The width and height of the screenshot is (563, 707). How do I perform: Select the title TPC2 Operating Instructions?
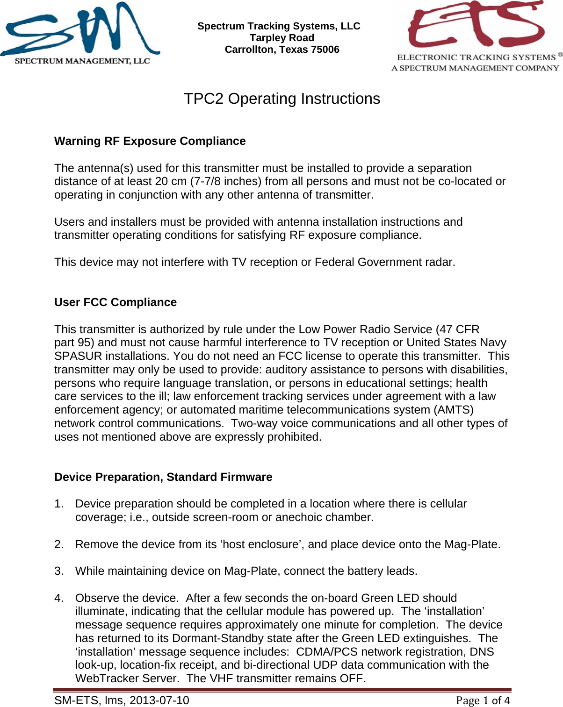pyautogui.click(x=281, y=99)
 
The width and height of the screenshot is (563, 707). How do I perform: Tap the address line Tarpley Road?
pyautogui.click(x=281, y=38)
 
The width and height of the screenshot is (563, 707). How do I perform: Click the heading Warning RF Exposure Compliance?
pyautogui.click(x=150, y=141)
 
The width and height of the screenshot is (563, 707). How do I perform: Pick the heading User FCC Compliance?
pyautogui.click(x=115, y=302)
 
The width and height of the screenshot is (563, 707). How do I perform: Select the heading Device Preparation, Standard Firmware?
pyautogui.click(x=163, y=477)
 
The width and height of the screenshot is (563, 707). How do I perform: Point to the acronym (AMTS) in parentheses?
pyautogui.click(x=454, y=410)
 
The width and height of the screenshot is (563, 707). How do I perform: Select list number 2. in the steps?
pyautogui.click(x=59, y=544)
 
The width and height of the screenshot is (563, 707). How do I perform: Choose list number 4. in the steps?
pyautogui.click(x=59, y=598)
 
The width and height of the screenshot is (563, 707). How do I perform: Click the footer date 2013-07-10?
pyautogui.click(x=159, y=700)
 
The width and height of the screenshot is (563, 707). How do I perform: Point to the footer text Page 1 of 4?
pyautogui.click(x=483, y=700)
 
